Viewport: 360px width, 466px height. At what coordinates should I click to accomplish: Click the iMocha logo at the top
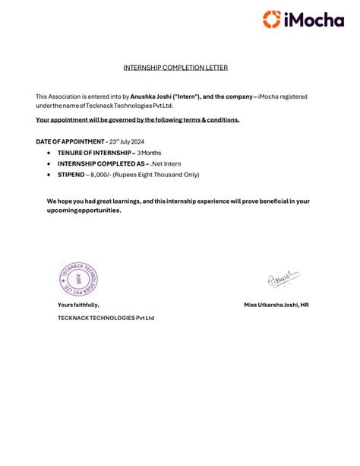coord(303,19)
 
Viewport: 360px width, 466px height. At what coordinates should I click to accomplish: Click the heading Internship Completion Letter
coord(175,68)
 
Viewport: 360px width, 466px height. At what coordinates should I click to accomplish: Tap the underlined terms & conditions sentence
coord(137,120)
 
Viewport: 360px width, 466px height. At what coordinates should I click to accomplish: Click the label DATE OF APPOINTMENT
coord(70,142)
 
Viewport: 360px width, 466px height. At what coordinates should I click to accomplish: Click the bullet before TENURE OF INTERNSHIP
coord(49,153)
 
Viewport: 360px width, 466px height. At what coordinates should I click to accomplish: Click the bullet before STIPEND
coord(49,174)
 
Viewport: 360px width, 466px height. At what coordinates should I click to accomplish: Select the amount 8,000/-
coord(101,174)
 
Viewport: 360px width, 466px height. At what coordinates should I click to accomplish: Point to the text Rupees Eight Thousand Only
coord(156,174)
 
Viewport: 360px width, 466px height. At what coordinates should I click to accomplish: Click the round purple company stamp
coord(79,279)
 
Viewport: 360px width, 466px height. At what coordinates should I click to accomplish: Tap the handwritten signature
coord(283,279)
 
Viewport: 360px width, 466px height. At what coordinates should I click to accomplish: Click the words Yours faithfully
coord(78,305)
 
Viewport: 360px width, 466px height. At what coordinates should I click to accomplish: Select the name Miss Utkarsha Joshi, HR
coord(276,305)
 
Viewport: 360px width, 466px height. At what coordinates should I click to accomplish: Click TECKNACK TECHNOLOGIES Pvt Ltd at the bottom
coord(106,318)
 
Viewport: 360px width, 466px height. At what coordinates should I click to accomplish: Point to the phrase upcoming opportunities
coord(84,211)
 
